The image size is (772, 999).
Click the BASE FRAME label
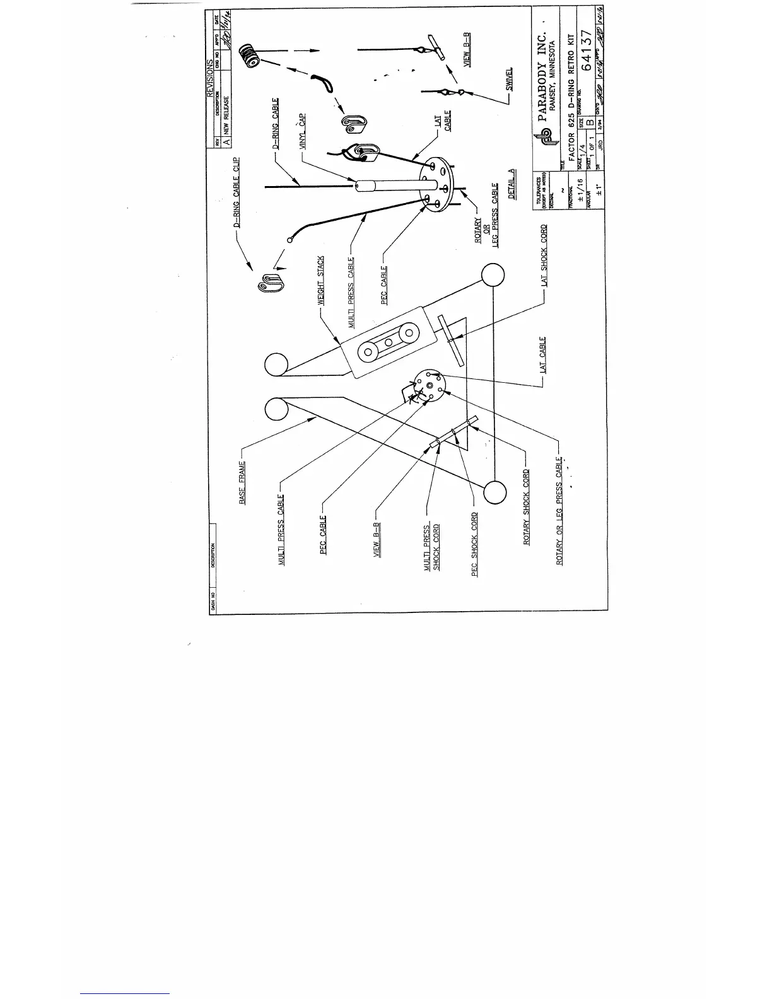(x=242, y=482)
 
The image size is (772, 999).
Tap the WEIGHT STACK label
(x=321, y=281)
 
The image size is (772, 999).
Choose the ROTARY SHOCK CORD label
(x=527, y=507)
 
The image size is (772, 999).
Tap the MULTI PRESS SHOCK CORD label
(x=431, y=547)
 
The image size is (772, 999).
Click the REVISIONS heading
(x=211, y=79)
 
